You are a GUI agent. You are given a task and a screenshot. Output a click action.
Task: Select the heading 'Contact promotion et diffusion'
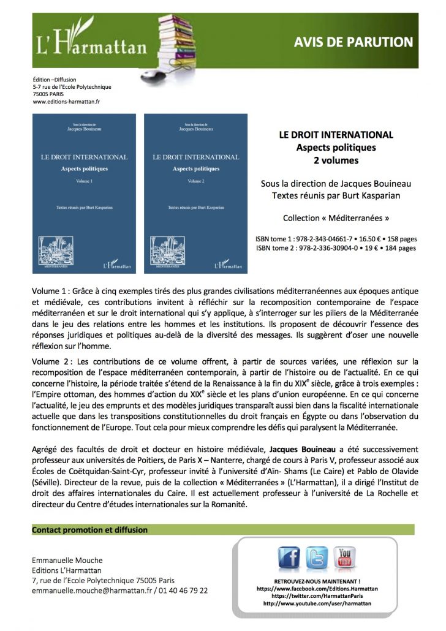coord(89,530)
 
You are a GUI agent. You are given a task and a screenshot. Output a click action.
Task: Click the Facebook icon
coord(289,557)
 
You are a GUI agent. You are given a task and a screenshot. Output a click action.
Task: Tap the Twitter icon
coord(317,557)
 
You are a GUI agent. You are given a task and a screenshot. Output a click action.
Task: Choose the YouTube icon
coord(345,557)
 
